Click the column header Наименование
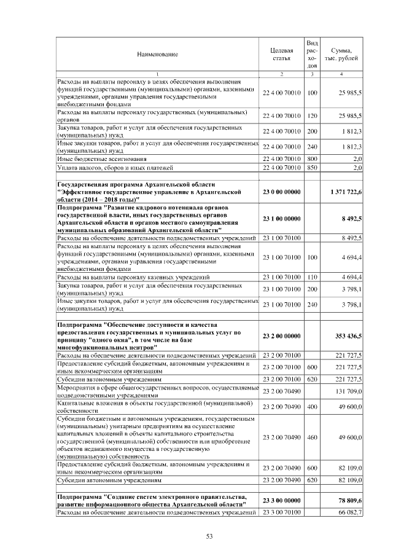157,54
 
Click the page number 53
209,536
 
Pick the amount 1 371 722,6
345,192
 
